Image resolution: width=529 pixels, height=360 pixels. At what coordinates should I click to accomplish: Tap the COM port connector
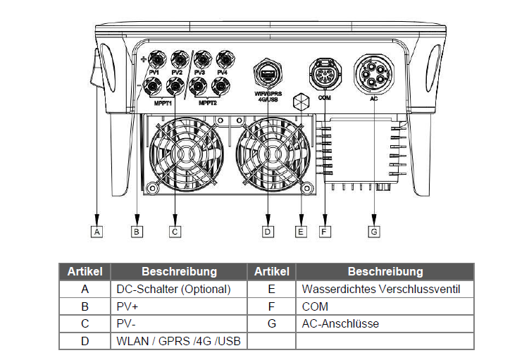click(x=324, y=73)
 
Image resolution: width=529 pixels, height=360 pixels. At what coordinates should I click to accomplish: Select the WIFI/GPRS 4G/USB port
click(x=268, y=73)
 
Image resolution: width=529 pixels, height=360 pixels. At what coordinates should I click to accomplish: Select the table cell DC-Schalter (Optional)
click(x=173, y=289)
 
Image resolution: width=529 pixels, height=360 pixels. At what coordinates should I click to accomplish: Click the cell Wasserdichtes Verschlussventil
click(x=381, y=289)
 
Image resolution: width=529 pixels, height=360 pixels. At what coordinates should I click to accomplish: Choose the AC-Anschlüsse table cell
click(x=340, y=324)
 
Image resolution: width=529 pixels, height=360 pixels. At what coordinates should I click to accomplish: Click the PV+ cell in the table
click(x=127, y=306)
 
